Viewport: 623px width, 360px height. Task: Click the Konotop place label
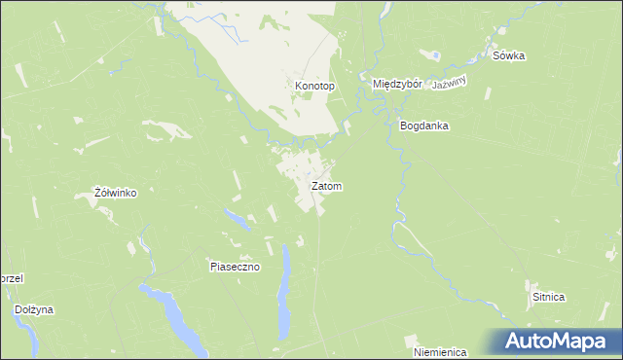point(314,87)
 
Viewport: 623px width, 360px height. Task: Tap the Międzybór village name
point(397,85)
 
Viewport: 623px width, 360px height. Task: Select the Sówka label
point(508,56)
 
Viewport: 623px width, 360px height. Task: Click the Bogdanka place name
point(423,126)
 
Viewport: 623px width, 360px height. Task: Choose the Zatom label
point(326,186)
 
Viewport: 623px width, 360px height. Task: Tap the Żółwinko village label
point(114,194)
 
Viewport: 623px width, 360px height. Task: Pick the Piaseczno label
point(235,267)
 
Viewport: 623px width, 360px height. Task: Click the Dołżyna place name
point(34,310)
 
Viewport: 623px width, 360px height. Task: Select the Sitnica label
point(548,297)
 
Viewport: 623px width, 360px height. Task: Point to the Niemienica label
point(439,351)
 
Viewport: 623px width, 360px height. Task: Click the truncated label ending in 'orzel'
point(11,278)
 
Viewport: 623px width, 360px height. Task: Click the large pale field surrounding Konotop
point(263,58)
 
